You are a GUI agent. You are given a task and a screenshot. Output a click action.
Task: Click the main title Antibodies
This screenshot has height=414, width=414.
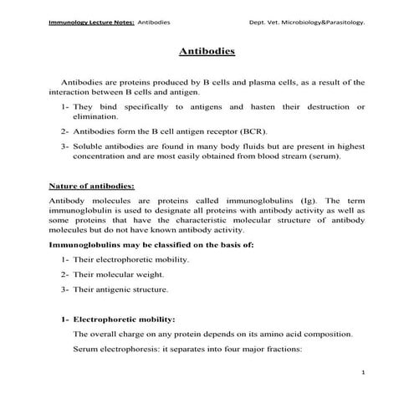pos(207,52)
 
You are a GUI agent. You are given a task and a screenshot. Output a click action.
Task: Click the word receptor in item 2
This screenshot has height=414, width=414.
pos(223,132)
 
